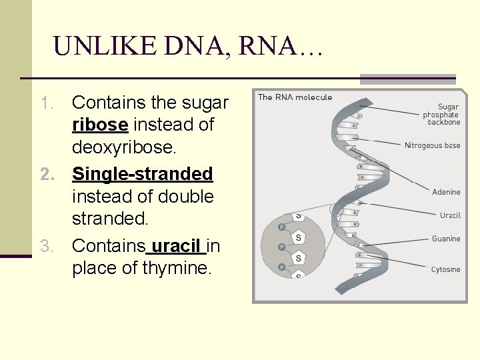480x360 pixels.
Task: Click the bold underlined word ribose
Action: pos(100,125)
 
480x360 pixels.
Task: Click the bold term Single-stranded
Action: pos(142,174)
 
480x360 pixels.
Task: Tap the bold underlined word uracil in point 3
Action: pos(177,246)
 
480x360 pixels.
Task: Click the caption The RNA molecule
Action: pos(295,97)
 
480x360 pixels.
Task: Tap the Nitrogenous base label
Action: pos(432,145)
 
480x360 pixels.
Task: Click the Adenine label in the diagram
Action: pos(446,192)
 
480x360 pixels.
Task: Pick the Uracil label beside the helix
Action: pos(450,215)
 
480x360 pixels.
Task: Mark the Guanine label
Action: pos(446,239)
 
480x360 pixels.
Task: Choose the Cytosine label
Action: pos(445,269)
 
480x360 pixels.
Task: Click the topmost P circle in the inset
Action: pos(282,227)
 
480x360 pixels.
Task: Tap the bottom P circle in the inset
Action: pos(282,267)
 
